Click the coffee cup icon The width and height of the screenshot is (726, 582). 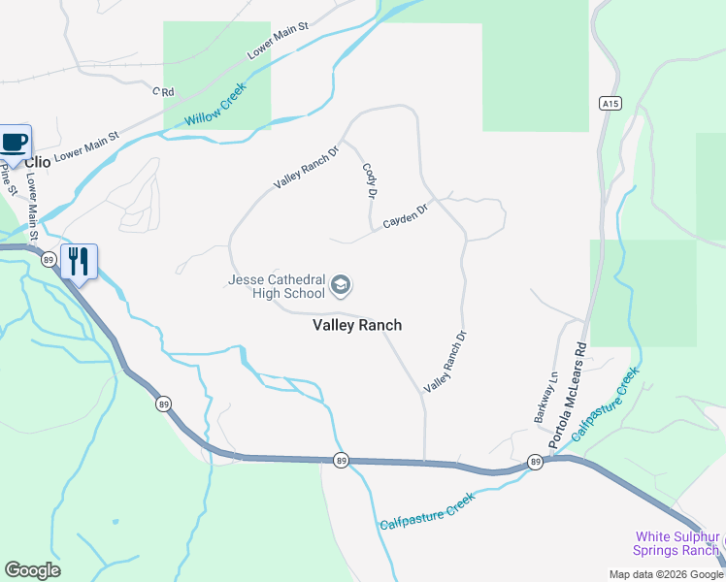(x=15, y=143)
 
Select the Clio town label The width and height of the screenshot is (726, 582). (x=38, y=162)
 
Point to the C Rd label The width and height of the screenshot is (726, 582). (x=162, y=92)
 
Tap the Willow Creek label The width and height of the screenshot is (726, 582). (x=216, y=104)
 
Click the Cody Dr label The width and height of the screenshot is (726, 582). (x=370, y=180)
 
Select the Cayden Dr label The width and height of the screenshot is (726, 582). (x=406, y=215)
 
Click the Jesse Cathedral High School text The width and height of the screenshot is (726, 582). (x=277, y=286)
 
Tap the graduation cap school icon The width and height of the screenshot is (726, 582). (x=341, y=285)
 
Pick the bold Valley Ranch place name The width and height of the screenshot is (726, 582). (x=357, y=326)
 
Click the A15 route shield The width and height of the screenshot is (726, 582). (x=610, y=104)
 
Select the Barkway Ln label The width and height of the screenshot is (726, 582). (x=541, y=399)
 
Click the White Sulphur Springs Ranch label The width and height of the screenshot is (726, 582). (x=676, y=543)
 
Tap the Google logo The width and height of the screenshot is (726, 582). (x=32, y=570)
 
